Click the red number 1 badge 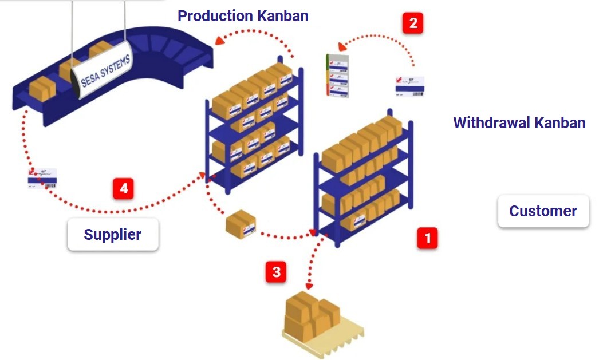point(427,238)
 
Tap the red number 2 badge point(413,23)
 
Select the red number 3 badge point(276,272)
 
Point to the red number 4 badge point(123,188)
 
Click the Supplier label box point(113,234)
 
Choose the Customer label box point(543,211)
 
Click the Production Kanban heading point(243,16)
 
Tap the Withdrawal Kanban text point(519,122)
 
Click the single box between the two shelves point(241,224)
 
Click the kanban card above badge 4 point(42,178)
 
